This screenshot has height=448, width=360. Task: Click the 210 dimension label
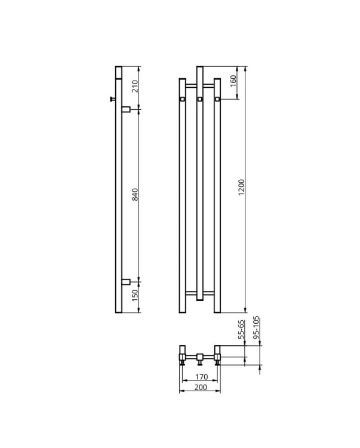[x=136, y=86]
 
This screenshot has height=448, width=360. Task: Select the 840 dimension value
[x=136, y=194]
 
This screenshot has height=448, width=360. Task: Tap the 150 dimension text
[x=136, y=296]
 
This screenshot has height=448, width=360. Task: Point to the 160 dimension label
[x=233, y=81]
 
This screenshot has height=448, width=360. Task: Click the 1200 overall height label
[x=241, y=188]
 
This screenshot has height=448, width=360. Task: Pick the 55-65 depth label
[x=241, y=329]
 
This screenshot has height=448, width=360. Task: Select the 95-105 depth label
[x=256, y=327]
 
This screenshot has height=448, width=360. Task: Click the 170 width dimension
[x=202, y=377]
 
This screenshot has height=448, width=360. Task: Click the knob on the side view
[x=112, y=99]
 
